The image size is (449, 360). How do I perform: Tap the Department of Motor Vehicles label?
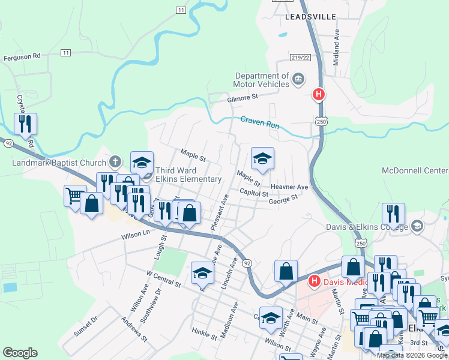(262, 80)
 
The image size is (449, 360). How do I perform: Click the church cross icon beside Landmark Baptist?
(115, 162)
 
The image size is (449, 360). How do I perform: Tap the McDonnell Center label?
(415, 170)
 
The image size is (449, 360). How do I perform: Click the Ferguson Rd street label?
(22, 56)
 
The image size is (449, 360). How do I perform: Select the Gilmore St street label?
(243, 97)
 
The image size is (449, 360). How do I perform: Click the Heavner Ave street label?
(289, 187)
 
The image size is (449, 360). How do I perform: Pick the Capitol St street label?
(253, 193)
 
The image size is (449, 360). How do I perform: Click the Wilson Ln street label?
(136, 234)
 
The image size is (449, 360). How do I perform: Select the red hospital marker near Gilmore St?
(319, 95)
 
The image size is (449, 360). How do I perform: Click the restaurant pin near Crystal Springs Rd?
(25, 124)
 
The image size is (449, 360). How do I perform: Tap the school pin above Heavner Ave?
(262, 158)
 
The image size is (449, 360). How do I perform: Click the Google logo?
(20, 353)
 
